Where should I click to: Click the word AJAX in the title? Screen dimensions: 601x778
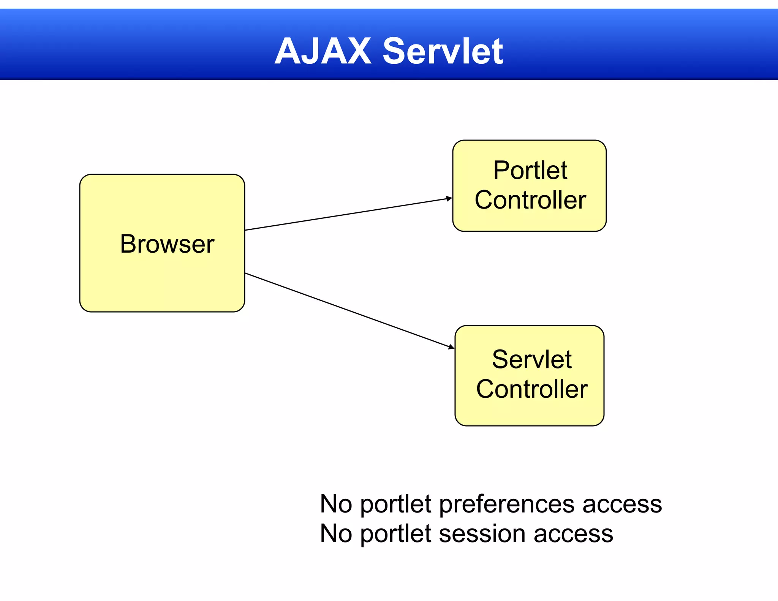coord(323,51)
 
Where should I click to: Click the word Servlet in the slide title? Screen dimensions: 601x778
coord(443,51)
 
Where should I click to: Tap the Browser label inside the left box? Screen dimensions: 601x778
coord(167,244)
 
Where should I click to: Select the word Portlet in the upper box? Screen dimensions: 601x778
coord(530,170)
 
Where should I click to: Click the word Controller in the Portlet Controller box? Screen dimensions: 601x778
coord(530,200)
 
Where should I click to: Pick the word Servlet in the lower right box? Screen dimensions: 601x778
coord(531,359)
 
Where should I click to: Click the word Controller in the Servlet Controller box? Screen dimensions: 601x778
coord(532,389)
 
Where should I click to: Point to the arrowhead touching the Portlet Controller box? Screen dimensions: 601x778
coord(449,198)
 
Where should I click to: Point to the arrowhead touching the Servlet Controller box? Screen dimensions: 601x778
coord(451,347)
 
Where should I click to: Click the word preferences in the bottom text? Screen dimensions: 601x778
coord(507,505)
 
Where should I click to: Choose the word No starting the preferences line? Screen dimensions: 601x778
coord(336,504)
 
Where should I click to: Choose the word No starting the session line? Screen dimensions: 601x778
coord(336,534)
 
